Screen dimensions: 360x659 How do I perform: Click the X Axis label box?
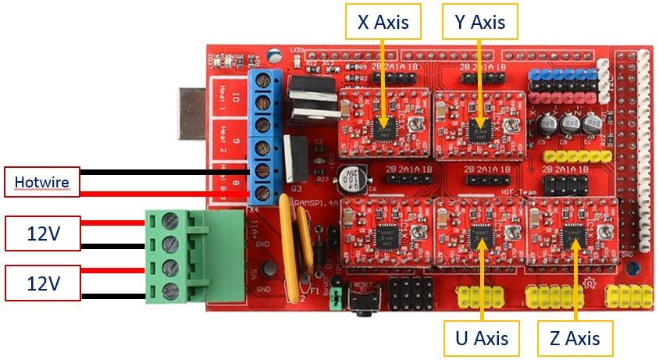[x=383, y=23]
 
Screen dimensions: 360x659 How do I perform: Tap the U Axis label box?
[x=482, y=338]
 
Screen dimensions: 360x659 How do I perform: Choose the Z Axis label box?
[x=574, y=338]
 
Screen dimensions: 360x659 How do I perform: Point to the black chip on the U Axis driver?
[x=480, y=233]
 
